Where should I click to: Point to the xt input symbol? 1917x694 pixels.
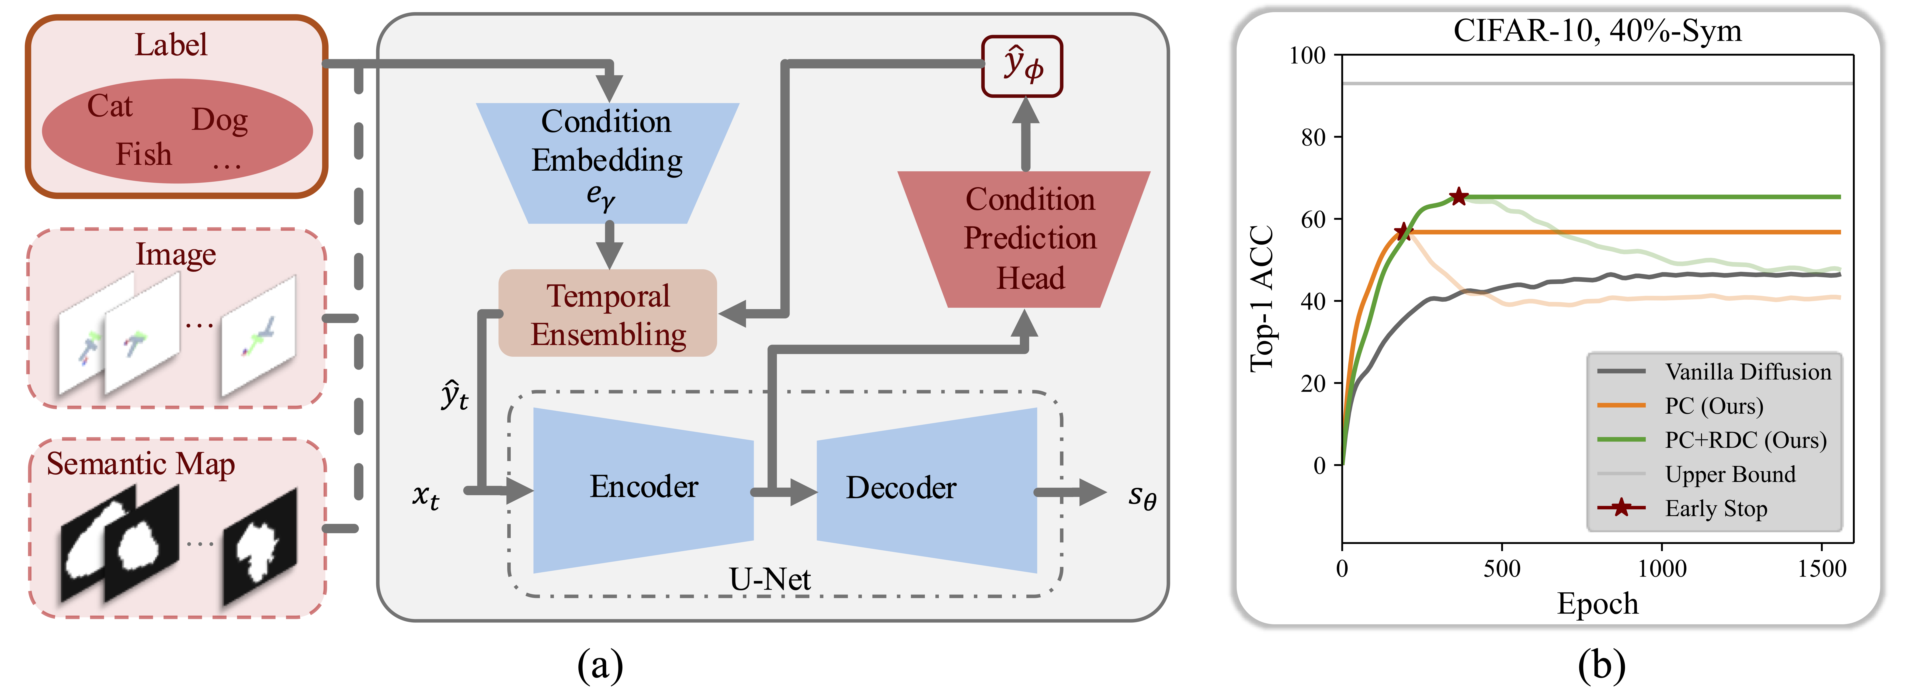[x=426, y=496]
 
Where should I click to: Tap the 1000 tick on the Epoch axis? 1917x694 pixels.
[x=1662, y=569]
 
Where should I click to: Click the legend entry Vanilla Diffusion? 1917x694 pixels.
[x=1747, y=372]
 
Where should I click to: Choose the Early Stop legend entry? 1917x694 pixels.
[x=1715, y=509]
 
